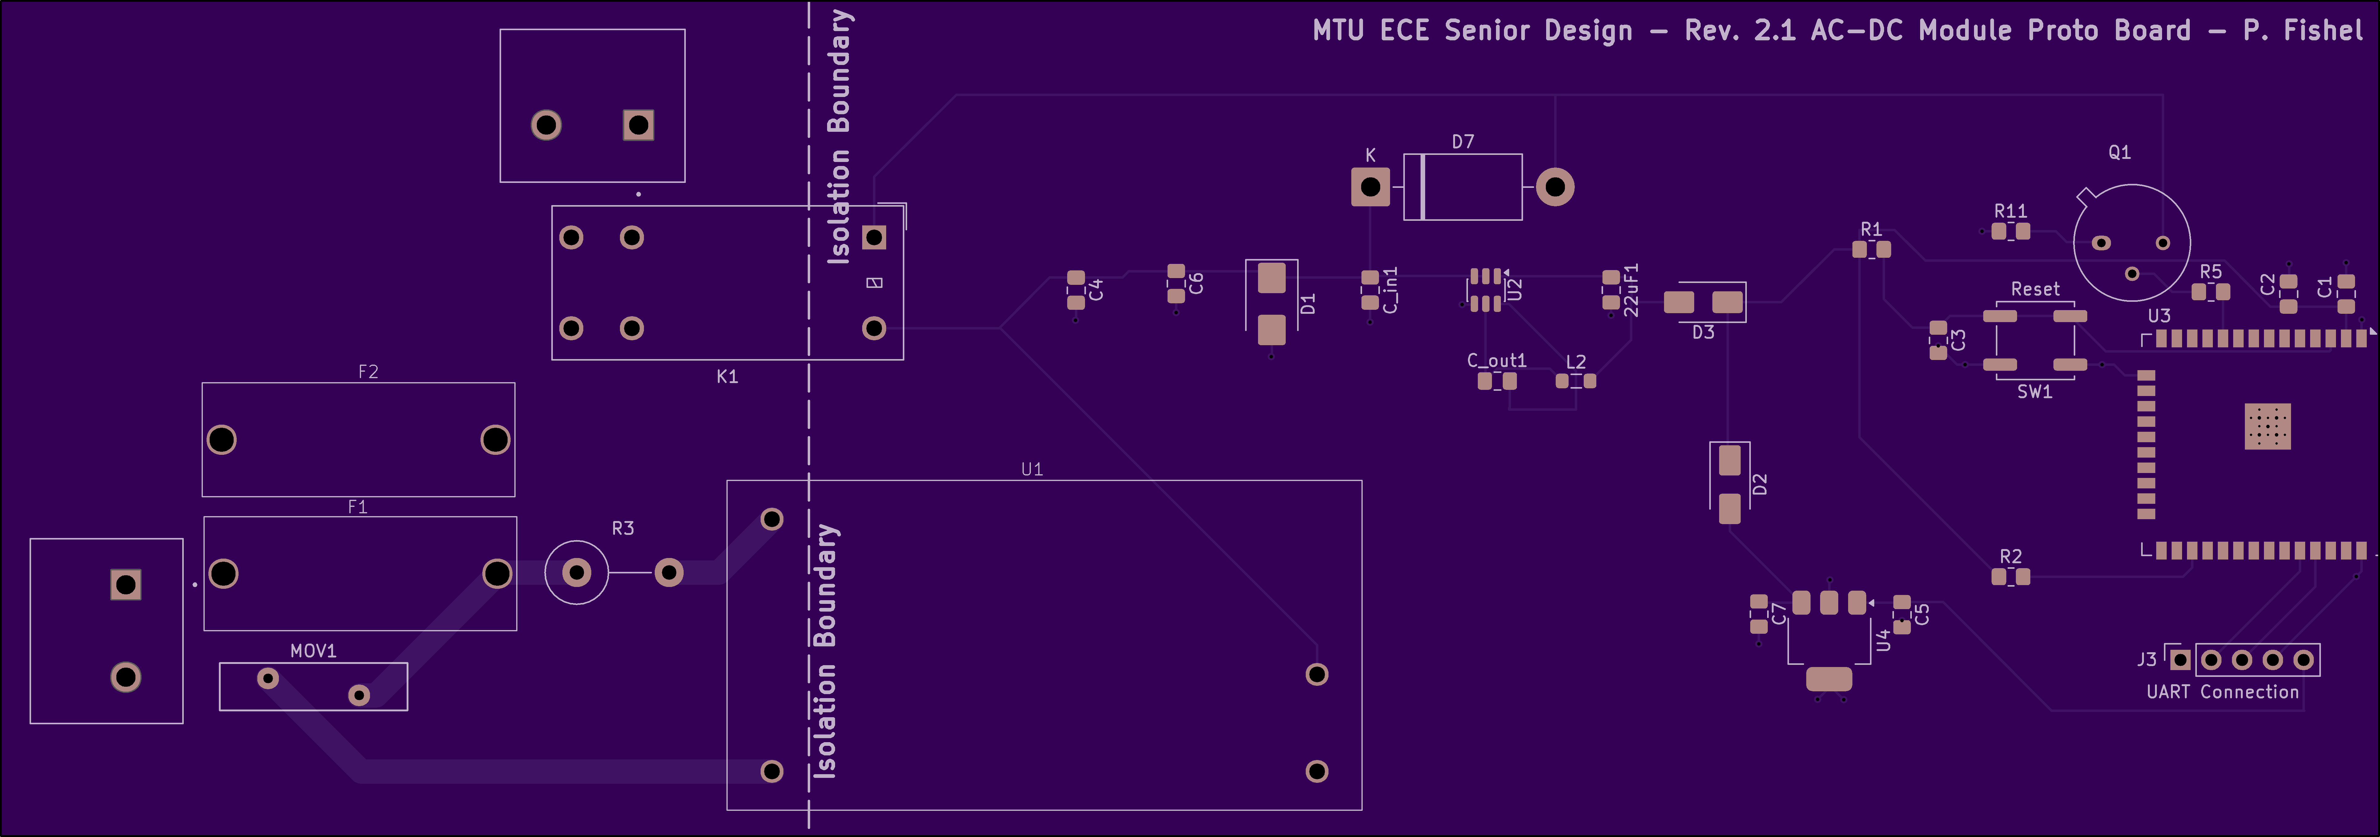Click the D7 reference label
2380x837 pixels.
pyautogui.click(x=1462, y=141)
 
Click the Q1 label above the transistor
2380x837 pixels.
pyautogui.click(x=2120, y=152)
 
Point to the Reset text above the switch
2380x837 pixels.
pyautogui.click(x=2035, y=289)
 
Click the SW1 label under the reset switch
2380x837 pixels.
pyautogui.click(x=2034, y=392)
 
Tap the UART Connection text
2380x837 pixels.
pyautogui.click(x=2222, y=692)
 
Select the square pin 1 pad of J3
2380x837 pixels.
pyautogui.click(x=2180, y=660)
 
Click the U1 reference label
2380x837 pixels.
pyautogui.click(x=1032, y=469)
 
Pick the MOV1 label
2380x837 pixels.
pyautogui.click(x=313, y=651)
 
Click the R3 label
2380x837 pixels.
pyautogui.click(x=623, y=528)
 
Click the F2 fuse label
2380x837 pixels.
pyautogui.click(x=368, y=371)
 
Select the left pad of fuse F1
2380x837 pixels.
pyautogui.click(x=223, y=574)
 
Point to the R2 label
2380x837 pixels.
pyautogui.click(x=2010, y=556)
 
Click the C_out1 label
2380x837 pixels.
pyautogui.click(x=1497, y=360)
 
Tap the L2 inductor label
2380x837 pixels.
pyautogui.click(x=1576, y=361)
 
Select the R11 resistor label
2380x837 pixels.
pyautogui.click(x=2010, y=211)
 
